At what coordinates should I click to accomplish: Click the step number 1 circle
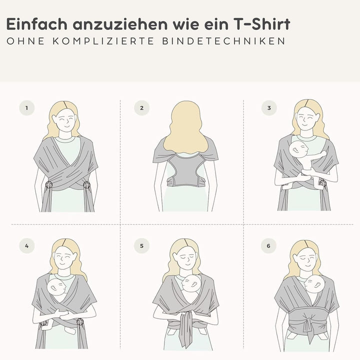[27, 107]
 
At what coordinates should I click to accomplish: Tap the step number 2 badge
[141, 107]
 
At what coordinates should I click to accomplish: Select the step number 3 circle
[269, 107]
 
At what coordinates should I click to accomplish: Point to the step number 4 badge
[27, 245]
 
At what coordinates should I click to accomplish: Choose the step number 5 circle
[141, 245]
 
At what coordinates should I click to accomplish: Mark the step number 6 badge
[268, 245]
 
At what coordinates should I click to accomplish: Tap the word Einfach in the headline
[36, 24]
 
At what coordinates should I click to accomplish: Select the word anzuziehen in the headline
[120, 24]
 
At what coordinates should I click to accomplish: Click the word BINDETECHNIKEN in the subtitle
[224, 41]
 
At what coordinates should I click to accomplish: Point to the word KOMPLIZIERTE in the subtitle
[103, 41]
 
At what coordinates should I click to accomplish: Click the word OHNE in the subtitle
[25, 41]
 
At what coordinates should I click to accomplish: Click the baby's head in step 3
[298, 149]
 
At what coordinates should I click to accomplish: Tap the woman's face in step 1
[65, 120]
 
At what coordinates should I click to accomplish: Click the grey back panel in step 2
[186, 169]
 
